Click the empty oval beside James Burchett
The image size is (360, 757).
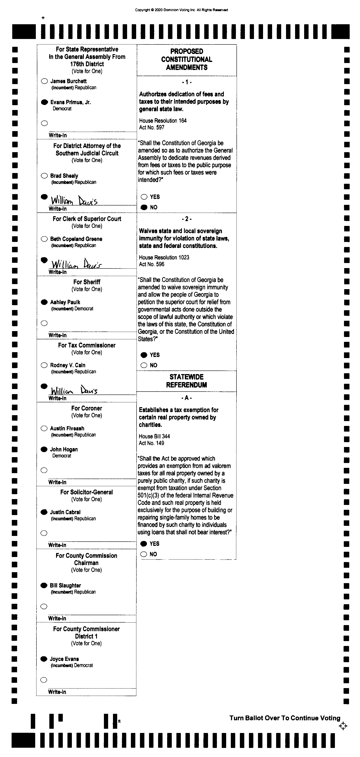click(x=44, y=81)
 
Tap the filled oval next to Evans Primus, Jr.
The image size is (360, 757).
click(x=44, y=102)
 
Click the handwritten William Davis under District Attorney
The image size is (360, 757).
click(x=74, y=200)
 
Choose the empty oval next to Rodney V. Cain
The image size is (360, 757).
click(x=44, y=365)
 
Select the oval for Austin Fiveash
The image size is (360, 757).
click(x=44, y=428)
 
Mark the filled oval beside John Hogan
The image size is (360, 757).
click(x=44, y=449)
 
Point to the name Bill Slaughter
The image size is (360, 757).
click(x=65, y=585)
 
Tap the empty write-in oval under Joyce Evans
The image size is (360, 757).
click(x=44, y=680)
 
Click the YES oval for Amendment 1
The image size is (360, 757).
click(x=144, y=197)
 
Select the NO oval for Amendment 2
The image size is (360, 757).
click(x=144, y=365)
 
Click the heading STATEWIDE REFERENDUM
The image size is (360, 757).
click(x=186, y=381)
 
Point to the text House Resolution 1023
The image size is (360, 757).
click(x=164, y=258)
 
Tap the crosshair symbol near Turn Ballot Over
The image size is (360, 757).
click(x=343, y=726)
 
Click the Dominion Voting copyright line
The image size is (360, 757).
click(x=181, y=10)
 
